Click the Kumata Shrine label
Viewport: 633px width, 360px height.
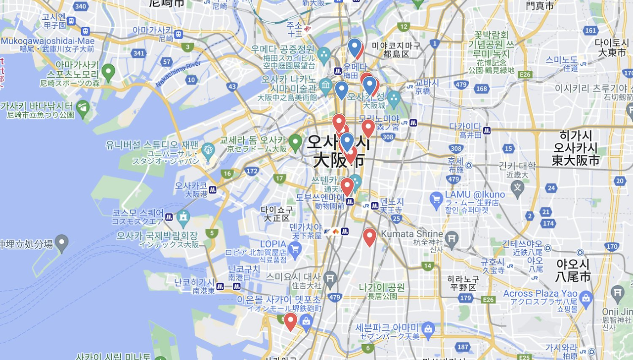[x=412, y=233]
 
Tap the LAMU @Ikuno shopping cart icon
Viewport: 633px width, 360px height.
[x=436, y=199]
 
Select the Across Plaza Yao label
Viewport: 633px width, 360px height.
[x=540, y=293]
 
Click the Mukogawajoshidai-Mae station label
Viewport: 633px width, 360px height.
[x=47, y=41]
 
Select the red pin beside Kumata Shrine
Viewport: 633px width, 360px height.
[x=369, y=237]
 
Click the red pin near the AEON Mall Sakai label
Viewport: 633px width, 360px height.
[x=290, y=321]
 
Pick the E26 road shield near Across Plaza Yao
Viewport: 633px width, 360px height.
[x=488, y=300]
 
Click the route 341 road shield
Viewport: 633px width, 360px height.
[x=139, y=53]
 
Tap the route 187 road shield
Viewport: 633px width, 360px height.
[x=463, y=347]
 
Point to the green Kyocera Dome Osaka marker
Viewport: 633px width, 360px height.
[x=295, y=143]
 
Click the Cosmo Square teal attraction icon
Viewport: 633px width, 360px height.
[x=183, y=217]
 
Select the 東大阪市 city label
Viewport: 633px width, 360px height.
[x=576, y=160]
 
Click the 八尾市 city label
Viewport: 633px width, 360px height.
[x=574, y=276]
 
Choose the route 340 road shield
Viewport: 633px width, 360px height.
[x=81, y=6]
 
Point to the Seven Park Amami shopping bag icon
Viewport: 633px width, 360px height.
[x=428, y=328]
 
